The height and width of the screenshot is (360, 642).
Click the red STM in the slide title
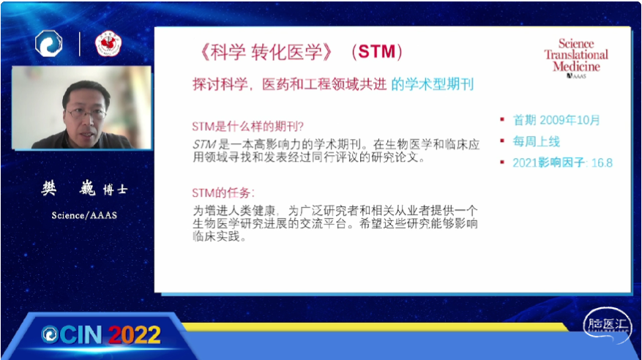click(x=377, y=52)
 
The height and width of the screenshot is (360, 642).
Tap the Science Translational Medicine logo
click(x=576, y=58)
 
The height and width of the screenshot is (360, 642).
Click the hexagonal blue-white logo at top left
click(x=49, y=43)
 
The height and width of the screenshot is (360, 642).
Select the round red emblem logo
click(x=108, y=44)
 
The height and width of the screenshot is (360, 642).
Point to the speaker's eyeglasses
click(x=86, y=113)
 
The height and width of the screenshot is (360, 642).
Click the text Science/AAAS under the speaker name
click(x=84, y=215)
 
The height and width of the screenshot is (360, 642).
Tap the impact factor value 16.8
click(x=602, y=163)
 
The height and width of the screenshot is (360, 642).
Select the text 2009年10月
click(x=570, y=120)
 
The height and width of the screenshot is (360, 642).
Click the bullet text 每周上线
click(x=536, y=141)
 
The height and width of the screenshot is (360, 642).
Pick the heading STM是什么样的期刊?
click(x=247, y=127)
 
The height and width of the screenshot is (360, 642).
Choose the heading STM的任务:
click(x=223, y=192)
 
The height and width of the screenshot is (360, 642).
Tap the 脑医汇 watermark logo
click(x=608, y=325)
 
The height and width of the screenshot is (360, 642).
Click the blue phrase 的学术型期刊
click(x=433, y=84)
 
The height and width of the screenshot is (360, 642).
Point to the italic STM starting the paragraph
click(x=204, y=144)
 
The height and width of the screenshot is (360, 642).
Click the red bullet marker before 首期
click(x=502, y=119)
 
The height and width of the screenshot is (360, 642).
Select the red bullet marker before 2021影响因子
click(x=502, y=162)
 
